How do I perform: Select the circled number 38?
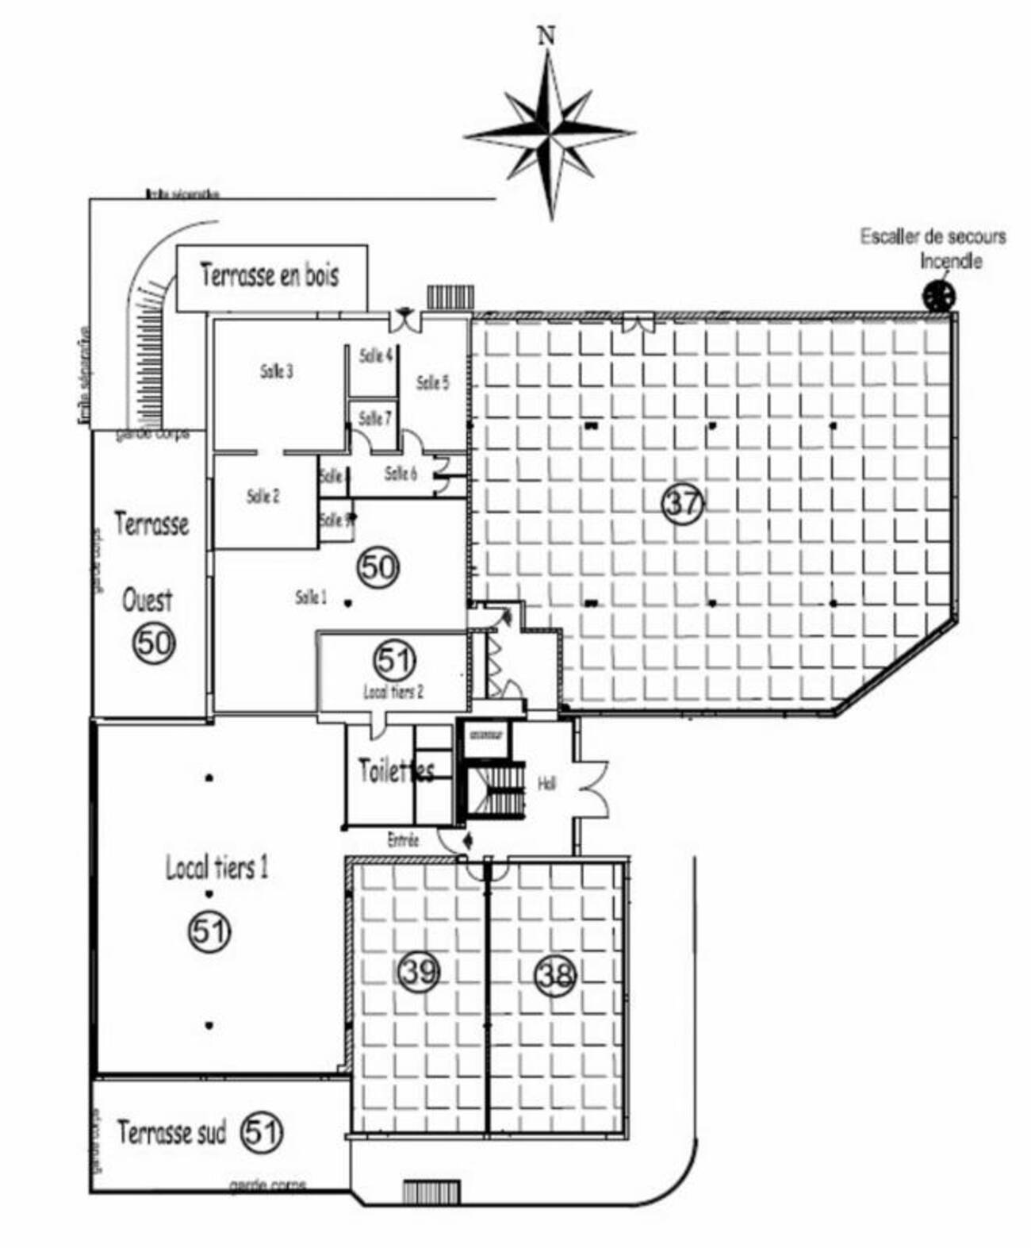pyautogui.click(x=555, y=974)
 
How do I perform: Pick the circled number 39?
pyautogui.click(x=418, y=970)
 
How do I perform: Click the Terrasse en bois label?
pyautogui.click(x=270, y=275)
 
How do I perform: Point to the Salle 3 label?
pyautogui.click(x=277, y=371)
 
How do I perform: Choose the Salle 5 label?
pyautogui.click(x=432, y=382)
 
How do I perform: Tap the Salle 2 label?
pyautogui.click(x=263, y=497)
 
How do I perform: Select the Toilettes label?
pyautogui.click(x=397, y=770)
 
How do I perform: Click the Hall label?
pyautogui.click(x=546, y=784)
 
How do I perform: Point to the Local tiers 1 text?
pyautogui.click(x=217, y=868)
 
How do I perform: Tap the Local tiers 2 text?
pyautogui.click(x=393, y=691)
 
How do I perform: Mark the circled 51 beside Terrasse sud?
pyautogui.click(x=261, y=1132)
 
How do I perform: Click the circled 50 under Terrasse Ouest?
pyautogui.click(x=154, y=643)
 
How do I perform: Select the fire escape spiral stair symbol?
pyautogui.click(x=939, y=296)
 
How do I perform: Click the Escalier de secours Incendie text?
pyautogui.click(x=933, y=248)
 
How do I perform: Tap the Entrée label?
pyautogui.click(x=403, y=839)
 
